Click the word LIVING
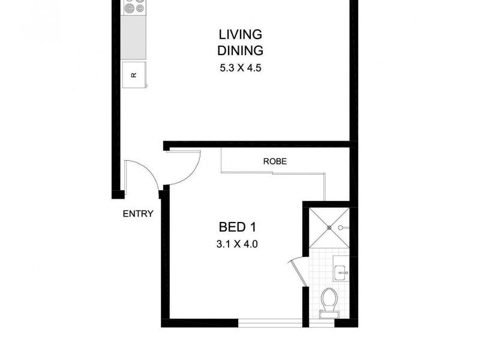[x=241, y=34]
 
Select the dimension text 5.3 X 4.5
[x=241, y=68]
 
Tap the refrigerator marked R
[x=134, y=74]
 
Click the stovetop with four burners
[x=134, y=8]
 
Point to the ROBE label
[x=274, y=161]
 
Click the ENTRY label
[x=138, y=214]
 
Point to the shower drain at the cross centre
[x=329, y=227]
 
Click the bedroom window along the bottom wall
[x=269, y=323]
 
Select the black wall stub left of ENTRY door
[x=118, y=194]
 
